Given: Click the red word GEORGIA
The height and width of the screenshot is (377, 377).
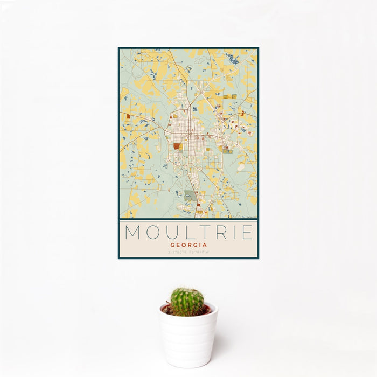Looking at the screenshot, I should point(188,244).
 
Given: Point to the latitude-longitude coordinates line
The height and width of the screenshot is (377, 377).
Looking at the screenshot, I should point(188,252).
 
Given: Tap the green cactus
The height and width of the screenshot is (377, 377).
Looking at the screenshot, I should point(187,302).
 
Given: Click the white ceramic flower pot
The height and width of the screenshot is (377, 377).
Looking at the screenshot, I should point(188,337).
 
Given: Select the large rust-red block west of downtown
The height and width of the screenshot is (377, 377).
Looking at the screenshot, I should point(177,145).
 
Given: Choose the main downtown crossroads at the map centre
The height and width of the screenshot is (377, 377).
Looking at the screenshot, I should point(189,135).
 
